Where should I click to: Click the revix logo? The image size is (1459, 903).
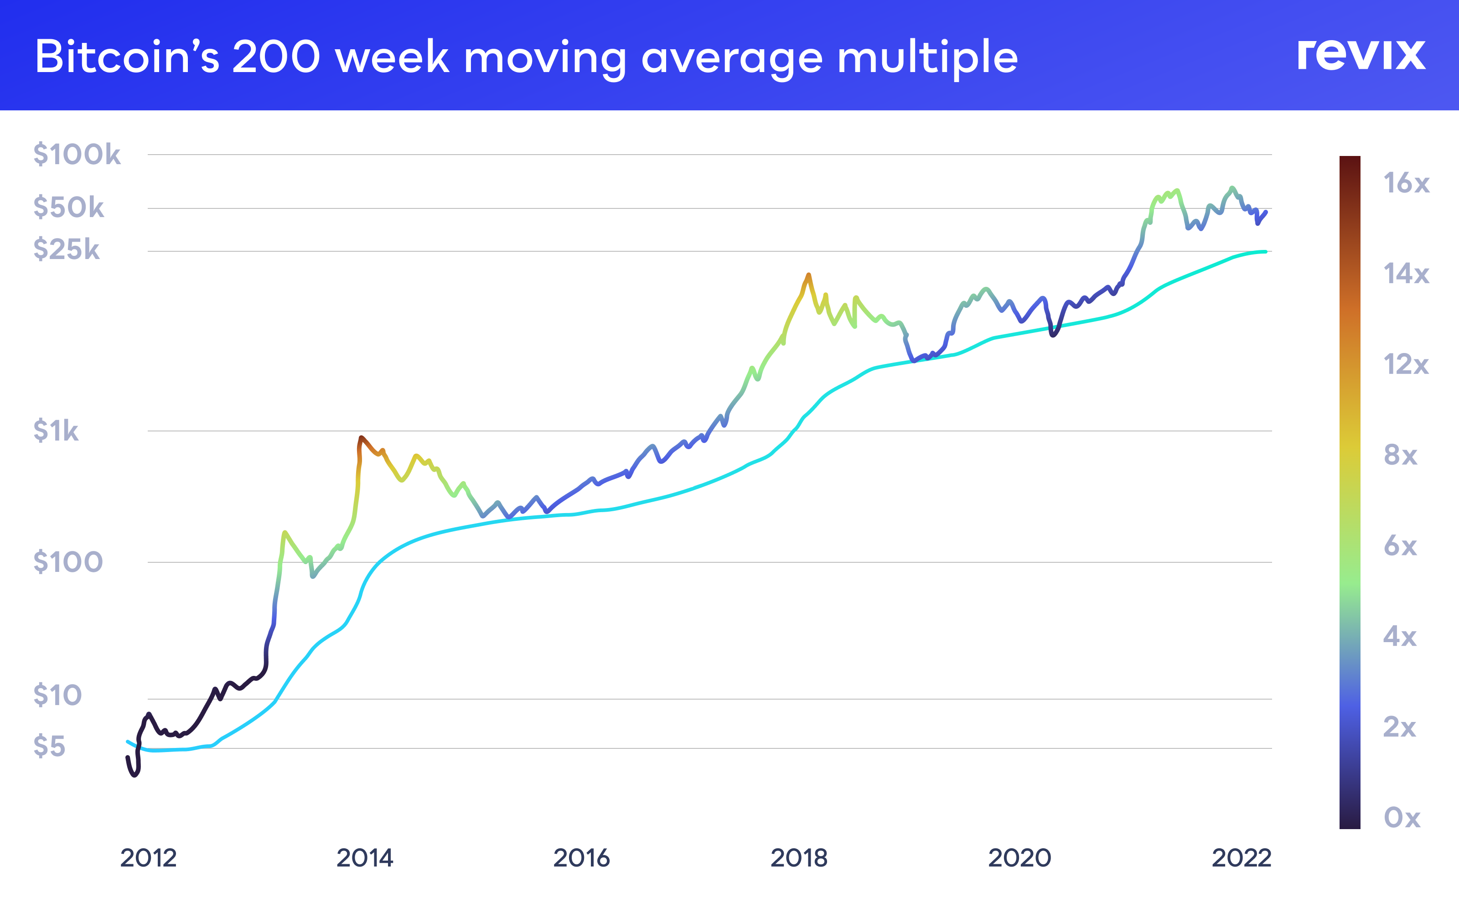(x=1361, y=55)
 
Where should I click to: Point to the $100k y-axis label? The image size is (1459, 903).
(x=77, y=154)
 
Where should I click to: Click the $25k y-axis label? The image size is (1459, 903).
(x=66, y=249)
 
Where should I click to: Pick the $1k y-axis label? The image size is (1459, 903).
(x=56, y=431)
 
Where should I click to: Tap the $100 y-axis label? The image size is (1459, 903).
(x=68, y=562)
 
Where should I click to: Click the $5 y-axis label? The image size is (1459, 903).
(x=49, y=746)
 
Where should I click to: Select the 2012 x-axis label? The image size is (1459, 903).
(x=148, y=858)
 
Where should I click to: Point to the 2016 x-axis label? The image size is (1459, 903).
(x=581, y=858)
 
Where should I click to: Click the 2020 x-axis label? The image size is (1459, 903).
(x=1019, y=858)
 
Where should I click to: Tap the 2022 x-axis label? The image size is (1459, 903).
(x=1242, y=858)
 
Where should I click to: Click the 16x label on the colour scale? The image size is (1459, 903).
(x=1406, y=183)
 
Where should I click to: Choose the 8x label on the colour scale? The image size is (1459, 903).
(x=1400, y=455)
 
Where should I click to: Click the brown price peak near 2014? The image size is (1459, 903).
(x=361, y=438)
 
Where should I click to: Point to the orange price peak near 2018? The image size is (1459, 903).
(x=808, y=275)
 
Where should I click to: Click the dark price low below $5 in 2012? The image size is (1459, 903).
(x=135, y=774)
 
